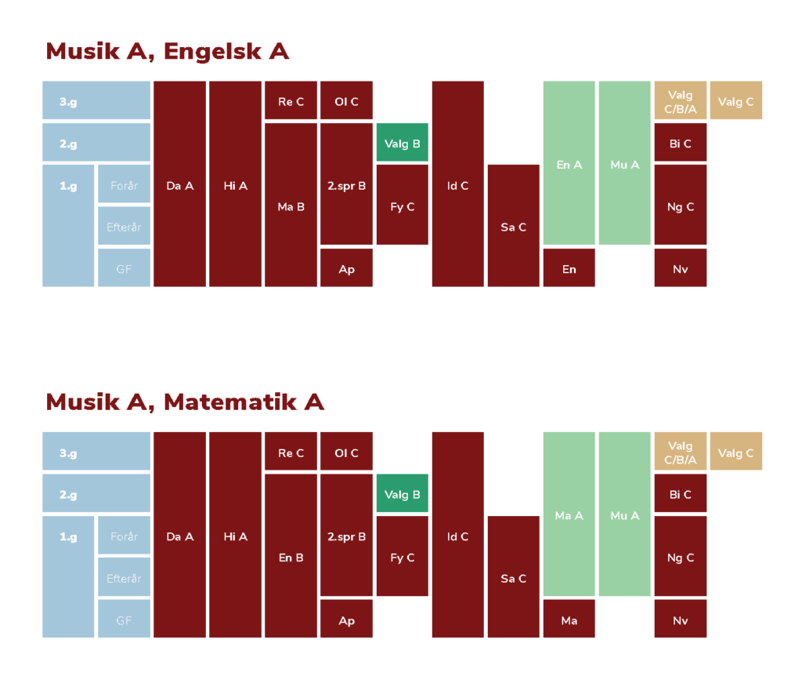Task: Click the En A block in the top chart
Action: [x=569, y=163]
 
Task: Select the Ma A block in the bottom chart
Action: [x=569, y=514]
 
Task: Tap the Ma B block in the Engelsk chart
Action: [x=291, y=205]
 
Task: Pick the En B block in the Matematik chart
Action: [x=291, y=555]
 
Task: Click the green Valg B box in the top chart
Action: [x=402, y=143]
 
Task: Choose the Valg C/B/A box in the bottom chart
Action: [x=681, y=451]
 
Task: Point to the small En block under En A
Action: [x=569, y=267]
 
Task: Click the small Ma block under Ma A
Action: [x=569, y=619]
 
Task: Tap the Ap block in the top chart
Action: [x=346, y=267]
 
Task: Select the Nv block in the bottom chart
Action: [x=681, y=619]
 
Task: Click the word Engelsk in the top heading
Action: [x=213, y=52]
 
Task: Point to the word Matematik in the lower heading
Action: [x=230, y=402]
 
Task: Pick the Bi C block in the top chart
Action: [x=681, y=143]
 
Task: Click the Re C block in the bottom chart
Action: [x=291, y=451]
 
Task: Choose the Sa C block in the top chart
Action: [x=513, y=226]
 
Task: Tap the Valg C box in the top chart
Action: [x=736, y=100]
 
